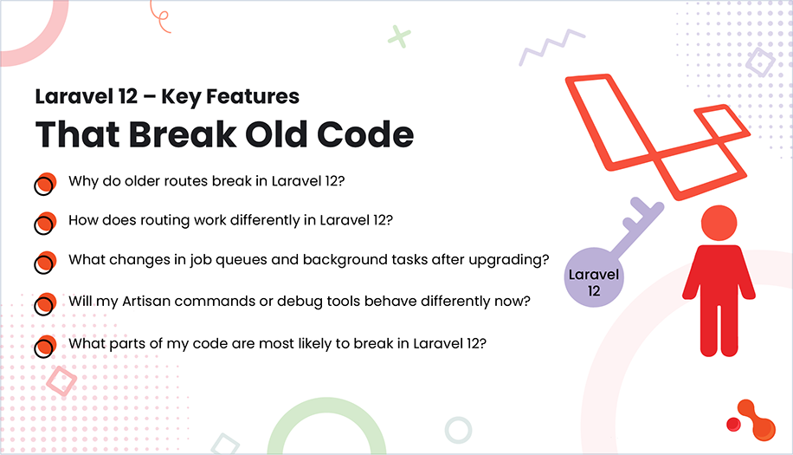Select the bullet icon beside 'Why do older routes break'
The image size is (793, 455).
45,184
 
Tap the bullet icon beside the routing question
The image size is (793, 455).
45,223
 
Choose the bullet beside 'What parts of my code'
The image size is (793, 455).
45,345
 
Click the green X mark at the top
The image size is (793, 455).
398,36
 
